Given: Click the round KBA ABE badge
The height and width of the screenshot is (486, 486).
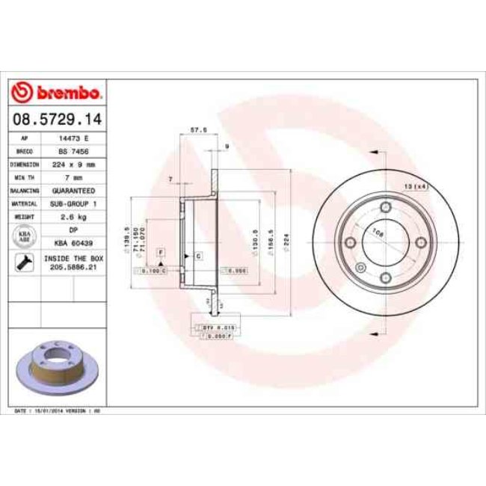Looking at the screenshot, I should pos(23,236).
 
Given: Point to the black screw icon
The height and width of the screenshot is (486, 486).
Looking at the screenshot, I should pos(23,262).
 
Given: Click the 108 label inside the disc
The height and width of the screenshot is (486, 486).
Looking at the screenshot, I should pos(378,233).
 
